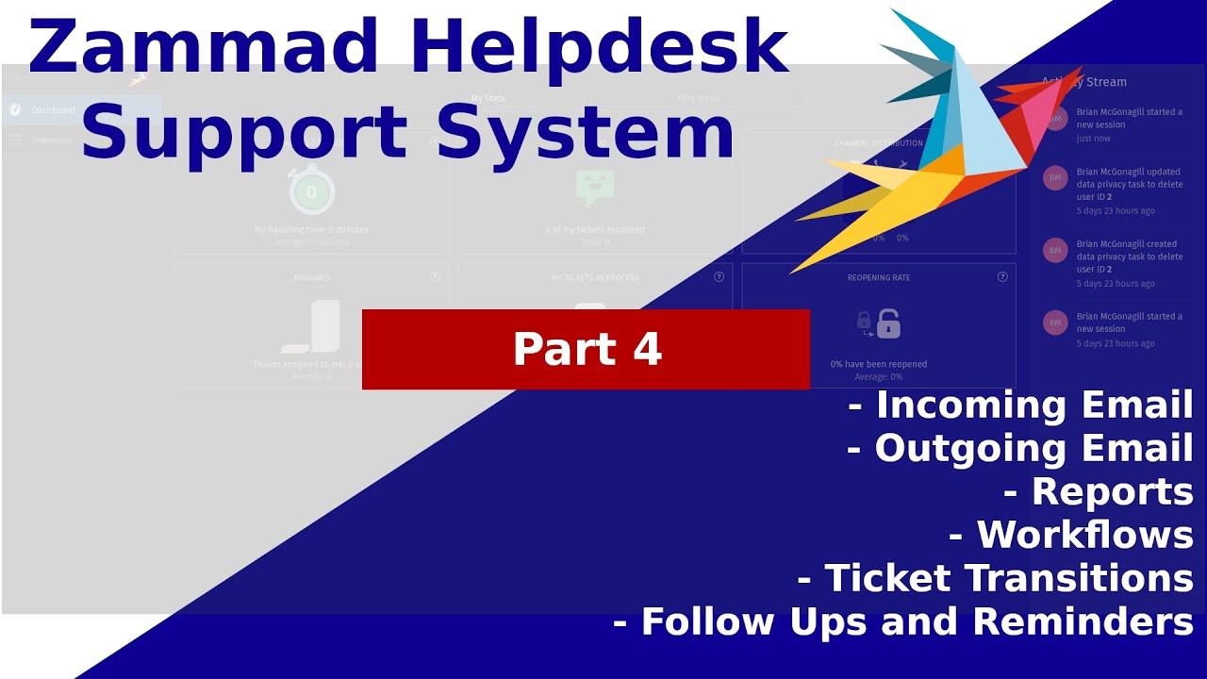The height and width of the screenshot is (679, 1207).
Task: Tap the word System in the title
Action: tap(585, 132)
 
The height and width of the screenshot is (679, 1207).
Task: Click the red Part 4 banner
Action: tap(586, 349)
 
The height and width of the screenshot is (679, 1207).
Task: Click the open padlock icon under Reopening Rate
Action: tap(888, 324)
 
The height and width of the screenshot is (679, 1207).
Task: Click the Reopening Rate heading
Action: tap(879, 278)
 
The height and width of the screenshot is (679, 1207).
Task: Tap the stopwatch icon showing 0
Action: tap(311, 192)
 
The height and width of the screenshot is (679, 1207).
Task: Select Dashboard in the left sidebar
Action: tap(53, 110)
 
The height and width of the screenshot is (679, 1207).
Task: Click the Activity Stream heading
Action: tap(1084, 82)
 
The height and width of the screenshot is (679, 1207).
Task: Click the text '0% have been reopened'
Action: tap(879, 364)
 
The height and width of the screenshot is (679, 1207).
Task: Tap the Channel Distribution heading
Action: tap(879, 143)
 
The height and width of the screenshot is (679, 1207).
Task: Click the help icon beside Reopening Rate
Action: tap(1002, 277)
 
